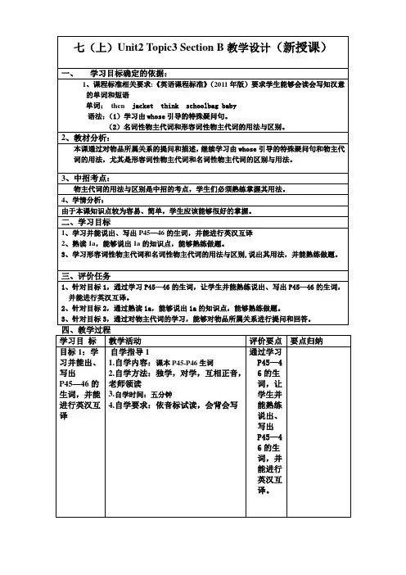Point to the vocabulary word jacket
point(142,106)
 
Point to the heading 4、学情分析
point(85,199)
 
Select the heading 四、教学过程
point(86,328)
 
